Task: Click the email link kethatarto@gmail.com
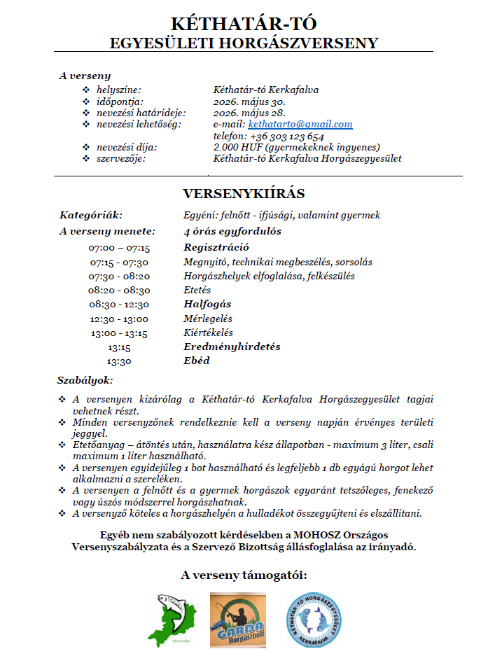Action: (300, 125)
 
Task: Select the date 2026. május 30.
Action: (249, 102)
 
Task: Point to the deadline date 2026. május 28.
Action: (249, 113)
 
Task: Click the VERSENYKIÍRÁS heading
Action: (244, 193)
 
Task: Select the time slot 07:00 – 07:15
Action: (119, 247)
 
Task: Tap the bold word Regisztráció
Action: (216, 247)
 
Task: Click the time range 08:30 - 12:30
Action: (119, 305)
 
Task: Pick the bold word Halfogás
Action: (207, 305)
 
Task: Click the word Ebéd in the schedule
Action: (196, 361)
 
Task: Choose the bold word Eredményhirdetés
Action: (232, 347)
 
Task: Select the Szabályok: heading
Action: (85, 380)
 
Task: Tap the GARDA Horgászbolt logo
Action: (237, 616)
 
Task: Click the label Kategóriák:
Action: (91, 216)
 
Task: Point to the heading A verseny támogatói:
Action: (244, 575)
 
